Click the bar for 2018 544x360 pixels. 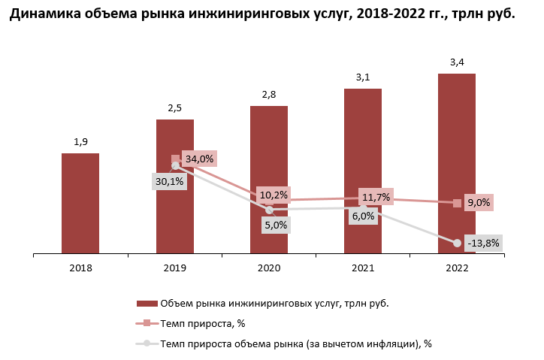pos(80,204)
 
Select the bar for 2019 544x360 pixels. pos(175,187)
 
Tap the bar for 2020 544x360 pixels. pos(269,180)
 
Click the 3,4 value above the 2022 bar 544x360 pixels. pos(457,62)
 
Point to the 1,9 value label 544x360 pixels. pos(80,141)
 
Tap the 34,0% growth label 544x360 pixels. pos(199,159)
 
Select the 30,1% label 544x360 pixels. pos(170,181)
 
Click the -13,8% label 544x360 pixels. pos(483,243)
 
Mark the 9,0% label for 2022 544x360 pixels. pos(479,202)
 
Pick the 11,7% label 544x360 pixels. pos(375,197)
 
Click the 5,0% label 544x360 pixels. pos(274,224)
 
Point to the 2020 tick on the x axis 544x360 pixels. pos(269,268)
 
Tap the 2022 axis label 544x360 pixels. pos(457,268)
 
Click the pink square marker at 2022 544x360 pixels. pos(457,203)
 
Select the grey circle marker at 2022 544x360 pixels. pos(457,243)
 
